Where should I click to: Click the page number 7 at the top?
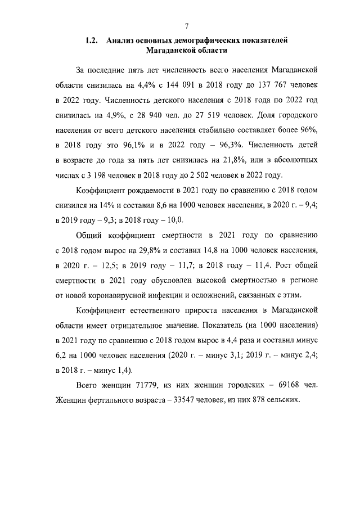tap(186, 25)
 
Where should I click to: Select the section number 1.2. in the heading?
tap(92, 40)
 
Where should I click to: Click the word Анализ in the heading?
tap(121, 40)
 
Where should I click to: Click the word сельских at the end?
tap(283, 399)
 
